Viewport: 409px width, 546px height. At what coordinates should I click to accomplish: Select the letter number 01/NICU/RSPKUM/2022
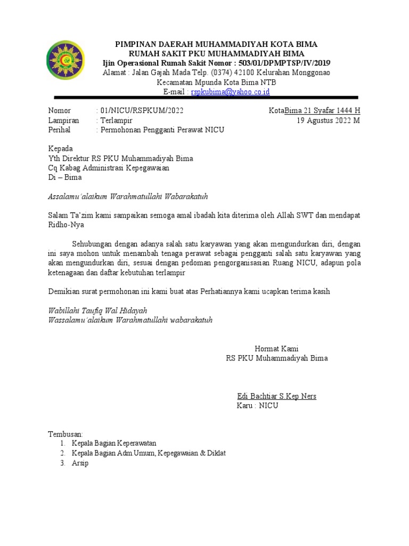click(143, 111)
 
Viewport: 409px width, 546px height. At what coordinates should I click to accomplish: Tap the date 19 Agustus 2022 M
click(328, 121)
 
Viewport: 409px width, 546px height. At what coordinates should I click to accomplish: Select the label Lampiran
click(63, 121)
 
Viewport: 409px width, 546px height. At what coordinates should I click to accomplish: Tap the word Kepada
click(61, 148)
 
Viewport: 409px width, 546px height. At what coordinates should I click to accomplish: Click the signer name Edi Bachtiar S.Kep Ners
click(276, 396)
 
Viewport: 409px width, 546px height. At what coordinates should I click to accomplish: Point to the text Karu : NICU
click(257, 406)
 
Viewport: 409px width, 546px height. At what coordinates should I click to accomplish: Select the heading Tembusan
click(66, 434)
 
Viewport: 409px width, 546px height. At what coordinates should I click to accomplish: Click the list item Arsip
click(80, 463)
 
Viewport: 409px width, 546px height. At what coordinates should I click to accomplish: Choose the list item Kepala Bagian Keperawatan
click(114, 444)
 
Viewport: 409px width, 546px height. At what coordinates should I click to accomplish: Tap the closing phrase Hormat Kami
click(276, 349)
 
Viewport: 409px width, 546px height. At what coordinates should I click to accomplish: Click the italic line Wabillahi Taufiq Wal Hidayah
click(97, 310)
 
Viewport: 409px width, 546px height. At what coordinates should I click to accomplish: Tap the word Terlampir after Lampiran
click(117, 121)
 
